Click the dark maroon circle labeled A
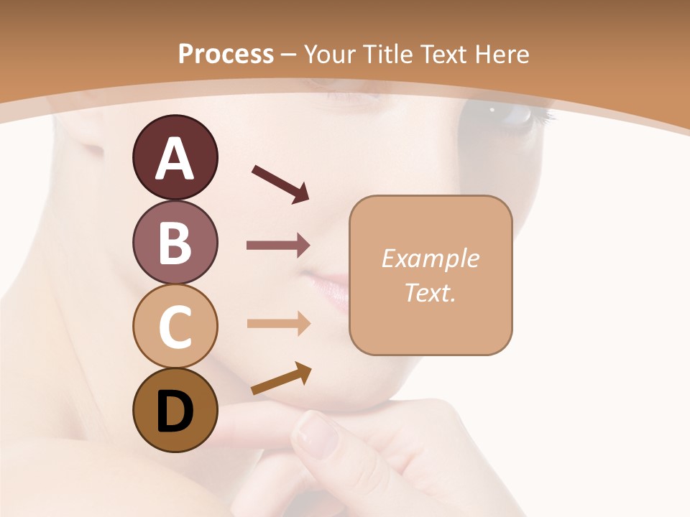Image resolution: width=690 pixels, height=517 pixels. (175, 157)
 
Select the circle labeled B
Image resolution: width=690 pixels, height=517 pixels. (175, 242)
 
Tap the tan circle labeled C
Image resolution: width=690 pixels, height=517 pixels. (175, 326)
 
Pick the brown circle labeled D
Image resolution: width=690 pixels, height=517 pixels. (175, 410)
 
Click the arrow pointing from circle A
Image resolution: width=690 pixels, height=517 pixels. (281, 183)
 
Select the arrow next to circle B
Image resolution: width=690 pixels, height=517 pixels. (278, 246)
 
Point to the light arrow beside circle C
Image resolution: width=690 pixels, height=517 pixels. (278, 323)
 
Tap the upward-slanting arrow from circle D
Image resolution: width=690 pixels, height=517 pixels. (281, 379)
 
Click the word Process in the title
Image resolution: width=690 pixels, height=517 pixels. (226, 54)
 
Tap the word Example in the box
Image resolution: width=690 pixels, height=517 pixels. (430, 258)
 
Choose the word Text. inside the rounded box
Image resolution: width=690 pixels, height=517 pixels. (430, 292)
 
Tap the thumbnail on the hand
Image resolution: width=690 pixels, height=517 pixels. (317, 434)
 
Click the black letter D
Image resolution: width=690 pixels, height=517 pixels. (175, 411)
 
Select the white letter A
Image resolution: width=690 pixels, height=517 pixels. (175, 159)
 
